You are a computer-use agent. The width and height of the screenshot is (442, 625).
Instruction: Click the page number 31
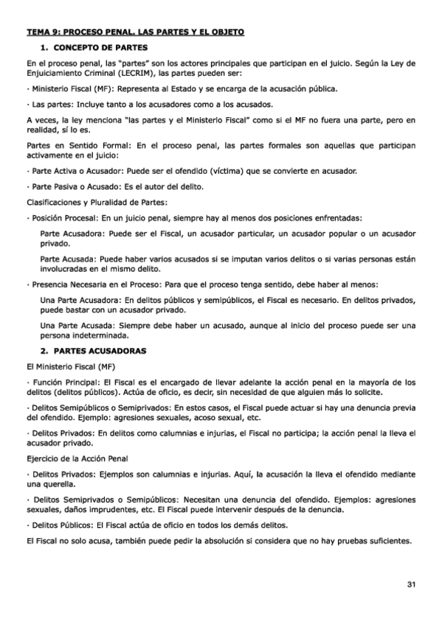point(411,584)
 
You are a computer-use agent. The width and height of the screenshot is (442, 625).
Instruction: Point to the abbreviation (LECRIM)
point(131,74)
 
